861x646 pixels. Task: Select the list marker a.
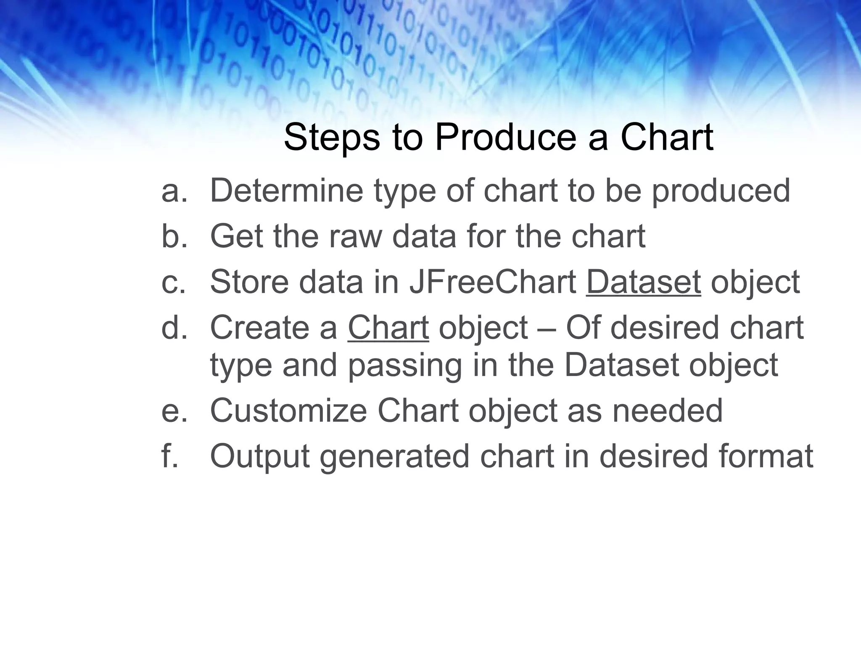click(x=173, y=191)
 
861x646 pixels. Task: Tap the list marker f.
click(x=169, y=456)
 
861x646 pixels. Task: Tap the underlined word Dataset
click(x=643, y=282)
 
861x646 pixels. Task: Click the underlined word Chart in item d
click(x=388, y=328)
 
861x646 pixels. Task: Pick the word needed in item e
click(x=667, y=410)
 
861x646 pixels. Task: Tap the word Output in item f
click(x=260, y=456)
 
